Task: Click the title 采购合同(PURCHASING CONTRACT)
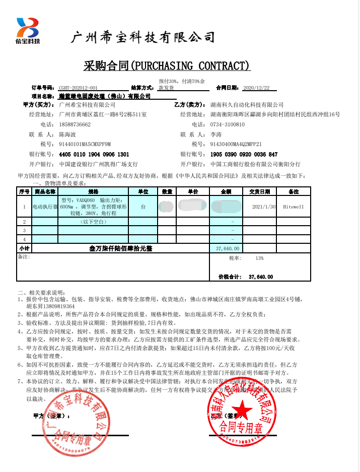click(167, 66)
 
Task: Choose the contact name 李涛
click(215, 134)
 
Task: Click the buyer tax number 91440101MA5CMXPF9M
click(85, 145)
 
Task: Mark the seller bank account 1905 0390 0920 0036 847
click(244, 154)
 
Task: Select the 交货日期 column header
click(259, 192)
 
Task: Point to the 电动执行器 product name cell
click(45, 207)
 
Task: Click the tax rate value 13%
click(259, 258)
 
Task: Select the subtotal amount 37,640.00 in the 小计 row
click(227, 249)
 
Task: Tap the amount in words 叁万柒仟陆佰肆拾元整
click(120, 249)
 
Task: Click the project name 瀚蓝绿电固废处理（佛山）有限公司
click(105, 96)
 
